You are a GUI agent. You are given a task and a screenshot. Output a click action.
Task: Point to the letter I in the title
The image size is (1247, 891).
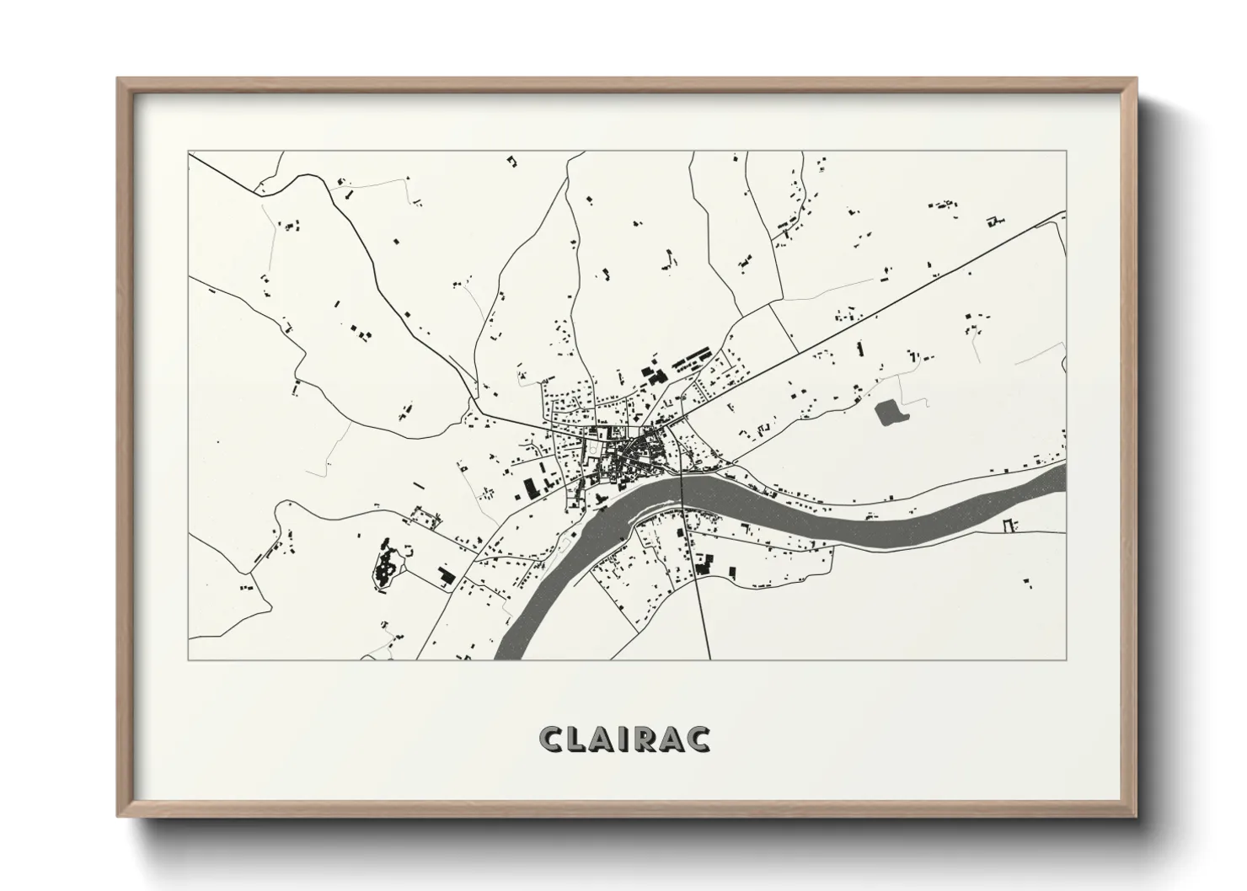pos(626,739)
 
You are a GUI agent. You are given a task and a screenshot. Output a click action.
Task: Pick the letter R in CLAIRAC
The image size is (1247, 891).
pos(645,739)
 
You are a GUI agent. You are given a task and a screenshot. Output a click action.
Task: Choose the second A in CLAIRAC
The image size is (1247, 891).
pos(672,739)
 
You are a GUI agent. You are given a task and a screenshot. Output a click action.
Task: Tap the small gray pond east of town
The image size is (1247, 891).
pos(888,412)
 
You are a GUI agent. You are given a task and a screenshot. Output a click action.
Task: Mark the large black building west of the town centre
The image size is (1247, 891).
pos(531,488)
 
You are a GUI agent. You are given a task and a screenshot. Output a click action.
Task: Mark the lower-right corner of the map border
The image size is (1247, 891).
pos(1067,659)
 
